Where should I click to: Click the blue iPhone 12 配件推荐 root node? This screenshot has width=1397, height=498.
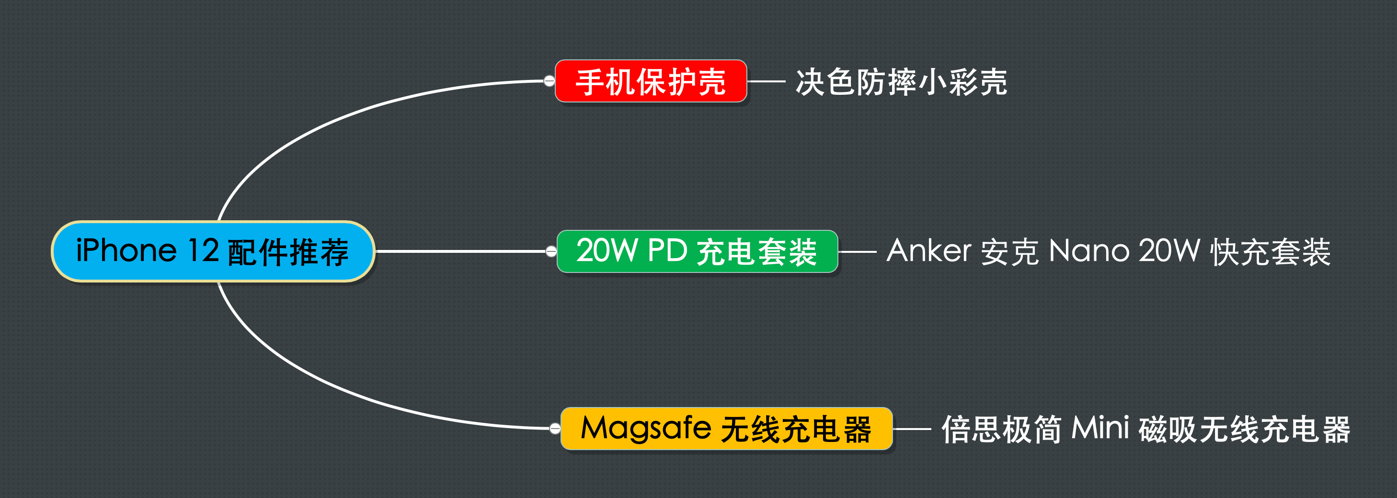click(x=213, y=251)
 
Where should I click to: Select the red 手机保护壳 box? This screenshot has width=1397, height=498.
click(x=651, y=81)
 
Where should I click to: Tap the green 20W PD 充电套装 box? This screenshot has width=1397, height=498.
click(x=698, y=251)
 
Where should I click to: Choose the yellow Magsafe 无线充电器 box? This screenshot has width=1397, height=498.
click(x=727, y=429)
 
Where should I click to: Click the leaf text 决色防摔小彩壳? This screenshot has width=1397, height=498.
click(x=901, y=82)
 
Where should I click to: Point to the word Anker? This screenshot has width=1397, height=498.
click(x=929, y=251)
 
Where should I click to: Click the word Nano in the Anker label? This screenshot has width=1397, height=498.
click(x=1089, y=251)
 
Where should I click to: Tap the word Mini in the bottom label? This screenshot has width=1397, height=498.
click(x=1100, y=428)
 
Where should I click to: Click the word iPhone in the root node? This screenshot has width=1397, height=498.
click(x=126, y=250)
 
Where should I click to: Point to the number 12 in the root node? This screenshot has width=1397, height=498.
click(x=203, y=250)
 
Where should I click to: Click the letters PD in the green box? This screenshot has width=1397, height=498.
click(x=667, y=250)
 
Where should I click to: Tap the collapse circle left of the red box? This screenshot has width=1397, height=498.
click(x=550, y=81)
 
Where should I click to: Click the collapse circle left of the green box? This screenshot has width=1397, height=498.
click(x=551, y=251)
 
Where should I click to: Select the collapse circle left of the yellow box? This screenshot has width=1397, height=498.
click(x=555, y=429)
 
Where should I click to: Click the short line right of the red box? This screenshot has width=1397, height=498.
click(x=766, y=81)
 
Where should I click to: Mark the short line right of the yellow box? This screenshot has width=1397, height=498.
click(x=912, y=429)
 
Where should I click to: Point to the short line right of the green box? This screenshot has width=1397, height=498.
click(x=858, y=251)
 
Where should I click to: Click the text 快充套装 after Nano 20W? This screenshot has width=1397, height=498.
click(x=1271, y=252)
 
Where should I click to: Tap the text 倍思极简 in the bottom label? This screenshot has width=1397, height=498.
click(x=1002, y=429)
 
